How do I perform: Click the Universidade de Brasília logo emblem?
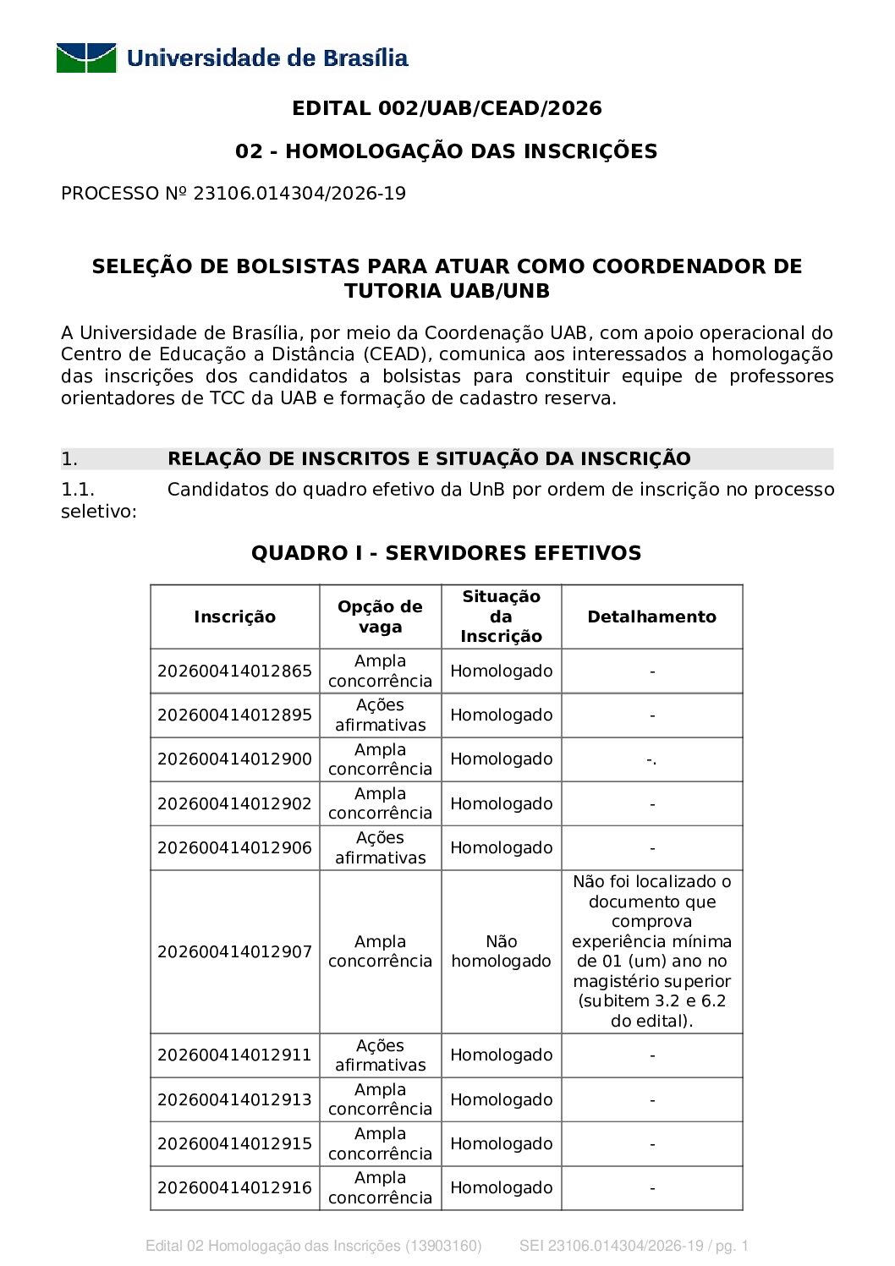86,58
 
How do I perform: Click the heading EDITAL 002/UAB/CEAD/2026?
447,108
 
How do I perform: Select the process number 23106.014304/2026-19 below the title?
299,194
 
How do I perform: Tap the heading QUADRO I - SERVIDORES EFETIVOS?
446,553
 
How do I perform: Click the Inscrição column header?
234,617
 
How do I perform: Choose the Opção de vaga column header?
380,617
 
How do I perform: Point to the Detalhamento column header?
651,617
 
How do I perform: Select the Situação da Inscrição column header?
501,617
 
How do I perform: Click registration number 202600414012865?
234,671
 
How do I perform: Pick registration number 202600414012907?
234,952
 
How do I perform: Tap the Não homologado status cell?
501,951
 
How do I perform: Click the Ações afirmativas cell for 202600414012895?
380,715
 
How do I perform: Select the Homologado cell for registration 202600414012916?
501,1188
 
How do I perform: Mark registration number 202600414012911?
234,1055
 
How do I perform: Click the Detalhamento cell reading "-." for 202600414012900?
651,760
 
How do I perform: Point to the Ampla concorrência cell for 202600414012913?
380,1099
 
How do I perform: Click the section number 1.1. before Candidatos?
78,490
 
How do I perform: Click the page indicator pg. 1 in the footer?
733,1246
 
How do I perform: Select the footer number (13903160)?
443,1246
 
